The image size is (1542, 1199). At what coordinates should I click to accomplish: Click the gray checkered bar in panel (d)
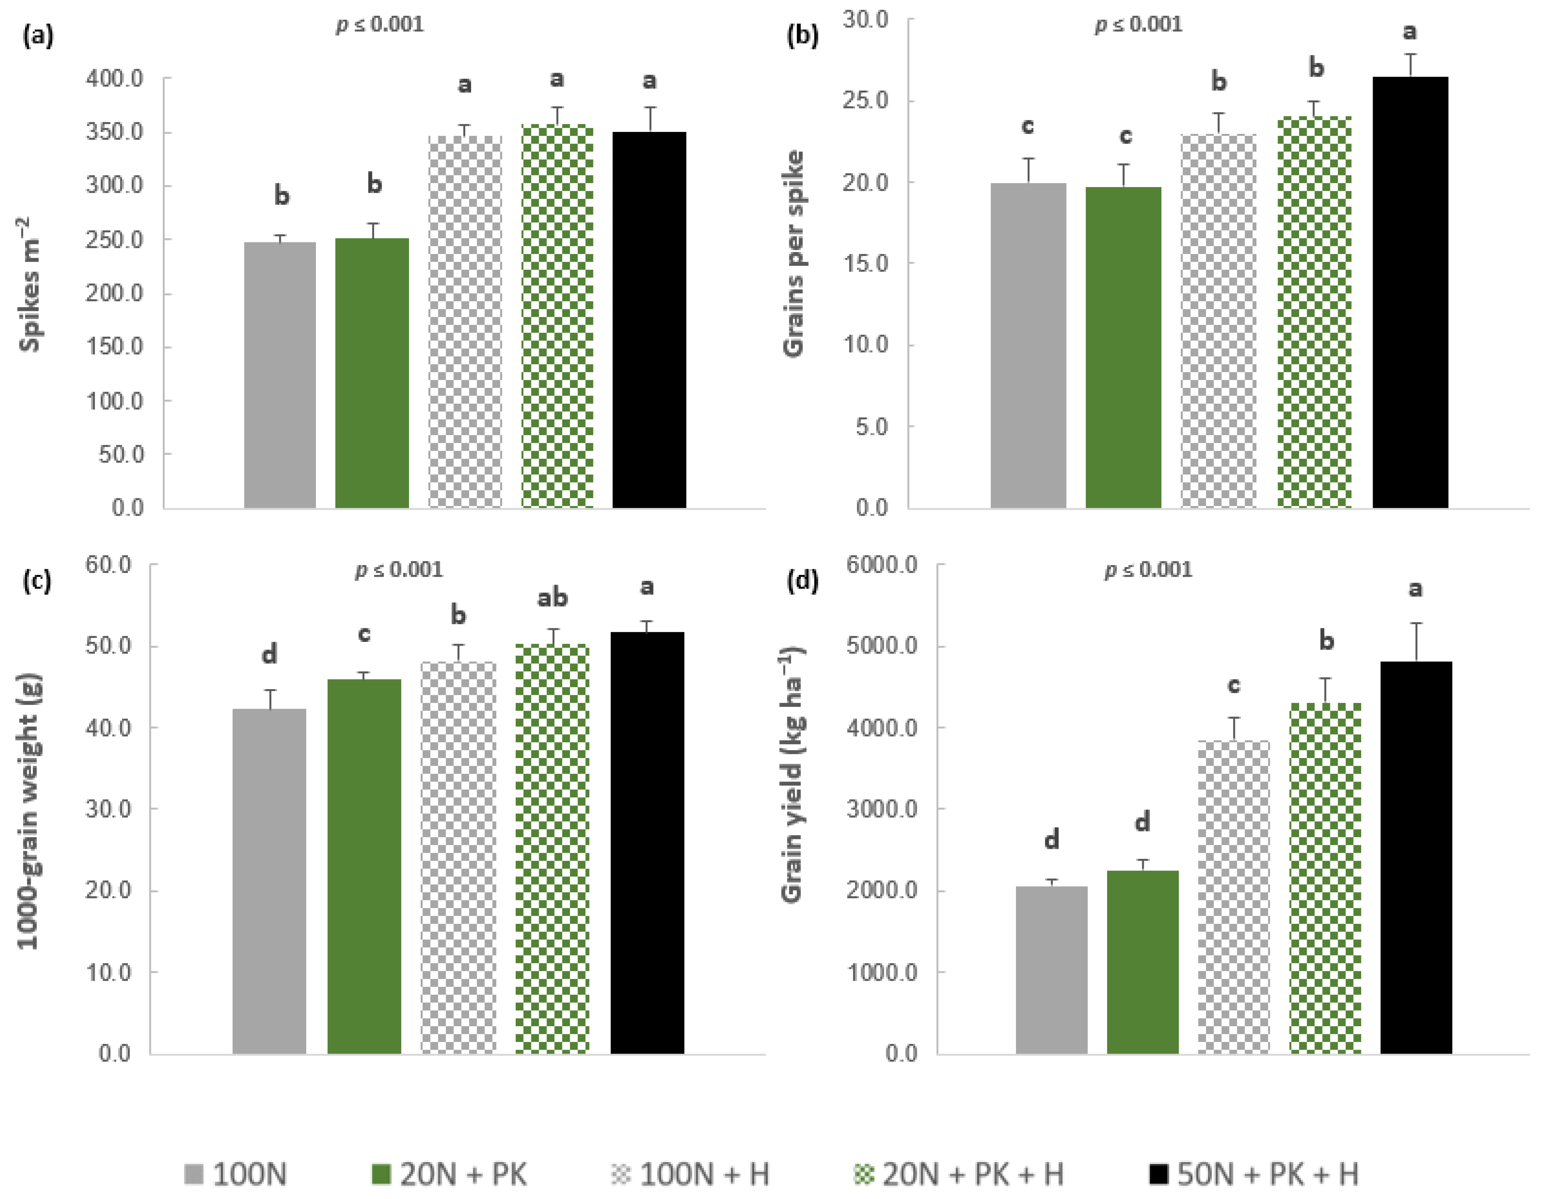(1233, 897)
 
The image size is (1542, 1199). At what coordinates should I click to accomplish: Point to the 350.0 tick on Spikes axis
(114, 132)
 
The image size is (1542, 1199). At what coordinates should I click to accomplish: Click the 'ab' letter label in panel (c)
(552, 598)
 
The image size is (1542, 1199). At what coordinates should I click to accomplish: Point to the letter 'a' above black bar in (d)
(1415, 588)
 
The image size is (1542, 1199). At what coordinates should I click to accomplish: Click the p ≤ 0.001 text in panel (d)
(1148, 569)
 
